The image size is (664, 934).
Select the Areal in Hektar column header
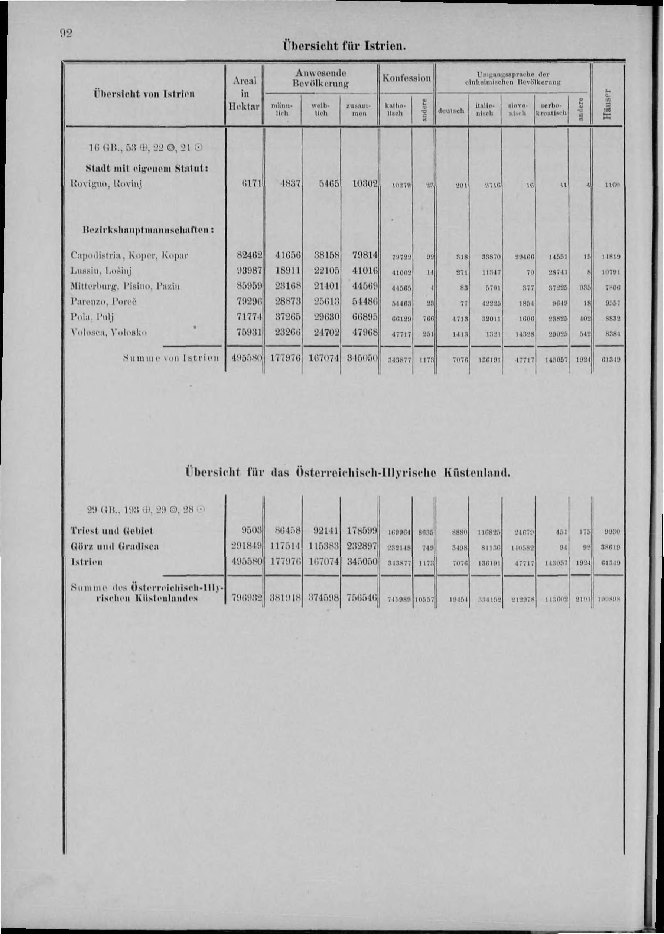pos(244,94)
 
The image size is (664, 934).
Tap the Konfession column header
pos(406,78)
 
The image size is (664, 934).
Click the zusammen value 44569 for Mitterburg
pos(360,286)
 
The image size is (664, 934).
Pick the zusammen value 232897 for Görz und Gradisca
pos(359,546)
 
